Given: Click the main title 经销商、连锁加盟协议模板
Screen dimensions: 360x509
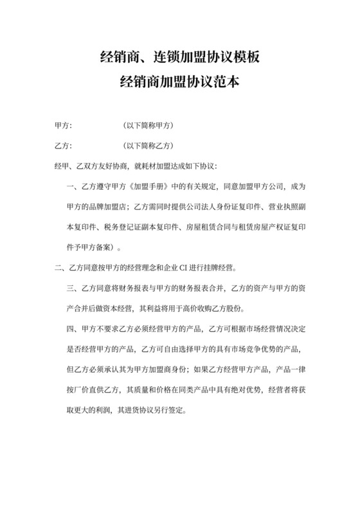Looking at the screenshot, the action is coord(179,59).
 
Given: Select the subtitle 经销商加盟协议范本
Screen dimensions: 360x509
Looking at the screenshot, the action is coord(179,83).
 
